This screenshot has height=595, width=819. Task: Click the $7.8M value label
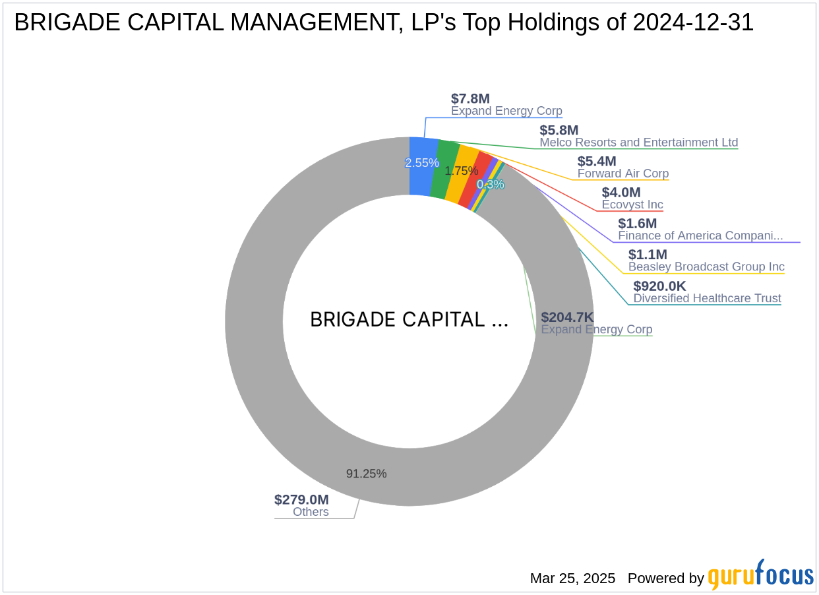[470, 99]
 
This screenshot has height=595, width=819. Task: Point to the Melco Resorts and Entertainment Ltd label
[638, 142]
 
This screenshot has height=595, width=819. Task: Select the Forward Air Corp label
[622, 173]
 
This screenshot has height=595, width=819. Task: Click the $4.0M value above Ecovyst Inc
[621, 193]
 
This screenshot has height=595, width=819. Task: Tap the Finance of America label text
[700, 235]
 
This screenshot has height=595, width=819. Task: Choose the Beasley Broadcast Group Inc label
[706, 266]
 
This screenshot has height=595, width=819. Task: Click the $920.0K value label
[659, 286]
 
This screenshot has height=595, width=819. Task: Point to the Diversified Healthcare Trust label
[707, 298]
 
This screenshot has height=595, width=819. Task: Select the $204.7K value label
[567, 317]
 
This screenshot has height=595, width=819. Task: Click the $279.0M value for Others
[301, 499]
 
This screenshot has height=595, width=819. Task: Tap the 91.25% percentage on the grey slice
[366, 474]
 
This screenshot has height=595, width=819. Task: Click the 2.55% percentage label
[421, 163]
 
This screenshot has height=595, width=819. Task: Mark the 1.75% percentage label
[461, 171]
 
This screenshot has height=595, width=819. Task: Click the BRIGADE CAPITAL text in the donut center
[409, 320]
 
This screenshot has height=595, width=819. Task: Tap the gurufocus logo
[760, 576]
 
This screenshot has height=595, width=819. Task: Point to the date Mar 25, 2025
[572, 579]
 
